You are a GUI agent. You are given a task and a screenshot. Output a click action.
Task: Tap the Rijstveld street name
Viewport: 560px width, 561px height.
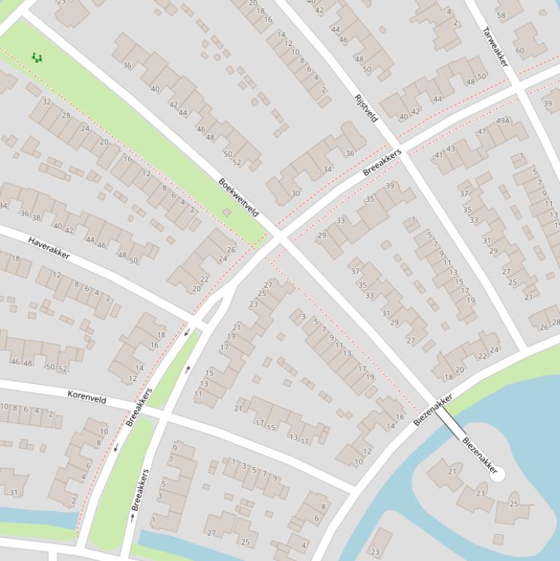click(x=366, y=108)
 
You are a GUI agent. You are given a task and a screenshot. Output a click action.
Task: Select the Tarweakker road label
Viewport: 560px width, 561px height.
click(x=495, y=47)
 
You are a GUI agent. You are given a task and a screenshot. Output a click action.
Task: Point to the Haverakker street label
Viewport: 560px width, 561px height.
click(x=49, y=248)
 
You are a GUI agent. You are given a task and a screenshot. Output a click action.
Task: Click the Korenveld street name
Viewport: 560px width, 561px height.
click(x=87, y=399)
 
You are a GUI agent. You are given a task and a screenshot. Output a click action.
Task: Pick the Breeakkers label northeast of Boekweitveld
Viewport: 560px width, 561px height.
click(x=382, y=162)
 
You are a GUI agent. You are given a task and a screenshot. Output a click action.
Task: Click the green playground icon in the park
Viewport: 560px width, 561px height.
click(x=36, y=57)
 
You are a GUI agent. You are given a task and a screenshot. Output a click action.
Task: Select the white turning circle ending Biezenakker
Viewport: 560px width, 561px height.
click(x=499, y=475)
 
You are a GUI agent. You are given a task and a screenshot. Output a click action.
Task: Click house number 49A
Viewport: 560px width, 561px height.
click(x=502, y=120)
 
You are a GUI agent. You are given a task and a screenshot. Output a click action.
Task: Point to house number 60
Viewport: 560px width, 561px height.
click(x=519, y=50)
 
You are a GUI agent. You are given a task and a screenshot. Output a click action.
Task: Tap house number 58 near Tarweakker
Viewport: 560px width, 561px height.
click(x=501, y=15)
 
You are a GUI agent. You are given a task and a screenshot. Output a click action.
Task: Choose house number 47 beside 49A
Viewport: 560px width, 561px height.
click(x=482, y=132)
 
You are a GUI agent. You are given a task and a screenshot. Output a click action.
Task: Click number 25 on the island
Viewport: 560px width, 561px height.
click(x=514, y=503)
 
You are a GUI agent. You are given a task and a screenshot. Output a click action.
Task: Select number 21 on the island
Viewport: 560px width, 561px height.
click(x=451, y=471)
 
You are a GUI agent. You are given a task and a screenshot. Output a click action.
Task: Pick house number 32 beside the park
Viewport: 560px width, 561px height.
click(x=47, y=102)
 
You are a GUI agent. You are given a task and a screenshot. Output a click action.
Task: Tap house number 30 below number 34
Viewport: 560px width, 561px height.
click(x=295, y=193)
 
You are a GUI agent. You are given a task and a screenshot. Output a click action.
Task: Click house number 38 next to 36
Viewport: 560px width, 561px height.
click(x=36, y=217)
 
